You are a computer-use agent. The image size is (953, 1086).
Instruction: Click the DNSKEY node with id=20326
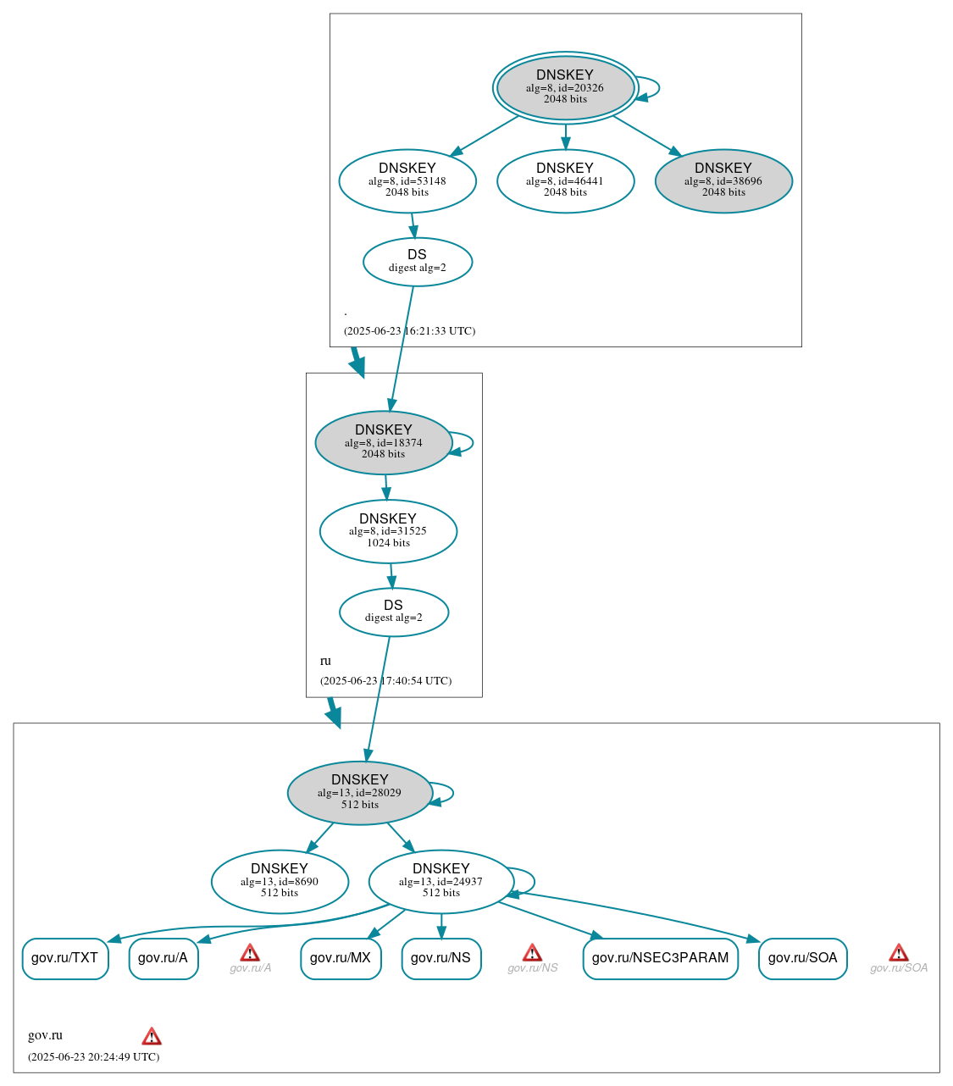coord(565,87)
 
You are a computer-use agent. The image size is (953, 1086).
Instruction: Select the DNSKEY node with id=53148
coord(407,180)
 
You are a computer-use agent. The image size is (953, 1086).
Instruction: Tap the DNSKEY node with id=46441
coord(565,180)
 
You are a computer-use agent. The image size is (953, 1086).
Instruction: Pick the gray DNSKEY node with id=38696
coord(723,180)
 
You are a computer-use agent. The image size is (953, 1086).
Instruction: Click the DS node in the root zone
coord(417,262)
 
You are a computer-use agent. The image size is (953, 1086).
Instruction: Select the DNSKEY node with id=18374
coord(384,442)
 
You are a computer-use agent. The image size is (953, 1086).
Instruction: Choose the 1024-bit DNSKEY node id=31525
coord(388,531)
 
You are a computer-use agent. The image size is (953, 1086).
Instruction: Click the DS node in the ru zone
coord(393,612)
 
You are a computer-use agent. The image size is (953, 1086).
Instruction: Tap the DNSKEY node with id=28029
coord(360,793)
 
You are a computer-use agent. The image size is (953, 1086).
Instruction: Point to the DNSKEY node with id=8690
coord(280,882)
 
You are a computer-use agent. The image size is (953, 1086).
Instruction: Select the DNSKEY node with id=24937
coord(441,882)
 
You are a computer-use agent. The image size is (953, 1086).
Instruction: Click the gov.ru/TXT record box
coord(65,958)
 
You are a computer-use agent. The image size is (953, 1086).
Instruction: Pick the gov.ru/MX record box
coord(341,958)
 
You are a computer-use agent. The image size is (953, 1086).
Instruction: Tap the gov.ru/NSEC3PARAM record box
coord(660,958)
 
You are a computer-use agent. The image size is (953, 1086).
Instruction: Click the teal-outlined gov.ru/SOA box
coord(802,958)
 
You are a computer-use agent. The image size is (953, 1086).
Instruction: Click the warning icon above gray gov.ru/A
coord(250,953)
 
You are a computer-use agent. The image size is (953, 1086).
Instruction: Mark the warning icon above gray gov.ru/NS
coord(532,953)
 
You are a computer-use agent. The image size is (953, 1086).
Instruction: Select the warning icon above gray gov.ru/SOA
coord(899,953)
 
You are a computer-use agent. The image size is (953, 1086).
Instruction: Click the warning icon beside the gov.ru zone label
coord(152,1036)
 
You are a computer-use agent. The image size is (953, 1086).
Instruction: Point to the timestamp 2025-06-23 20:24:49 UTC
coord(93,1056)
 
